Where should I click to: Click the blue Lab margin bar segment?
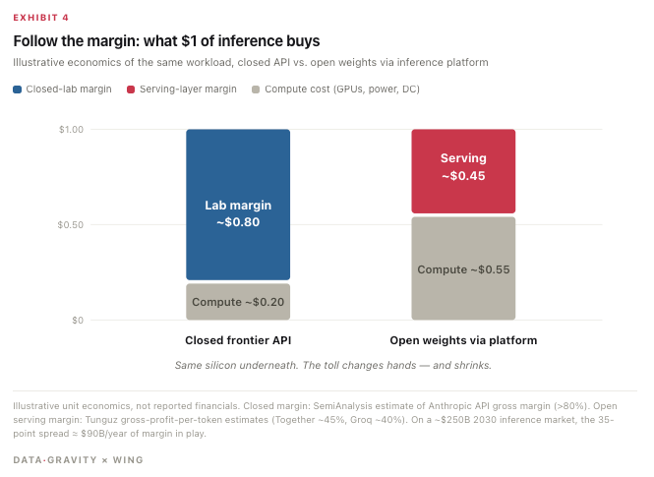coord(238,205)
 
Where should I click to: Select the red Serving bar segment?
coord(463,171)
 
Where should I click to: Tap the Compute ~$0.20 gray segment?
coord(238,302)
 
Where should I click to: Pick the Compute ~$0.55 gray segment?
coord(463,268)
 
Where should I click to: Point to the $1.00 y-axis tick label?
coord(72,130)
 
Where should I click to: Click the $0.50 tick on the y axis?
coord(71,225)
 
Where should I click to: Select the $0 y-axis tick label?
coord(78,321)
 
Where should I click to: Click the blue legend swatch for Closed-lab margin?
coord(17,89)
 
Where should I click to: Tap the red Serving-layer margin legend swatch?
coord(131,89)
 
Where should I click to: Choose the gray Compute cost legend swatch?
coord(256,89)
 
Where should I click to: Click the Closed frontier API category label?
coord(238,340)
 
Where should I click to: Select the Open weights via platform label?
coord(463,340)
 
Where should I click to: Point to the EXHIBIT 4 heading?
coord(41,18)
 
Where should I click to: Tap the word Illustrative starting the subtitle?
coord(38,63)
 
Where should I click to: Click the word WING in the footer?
coord(128,460)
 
